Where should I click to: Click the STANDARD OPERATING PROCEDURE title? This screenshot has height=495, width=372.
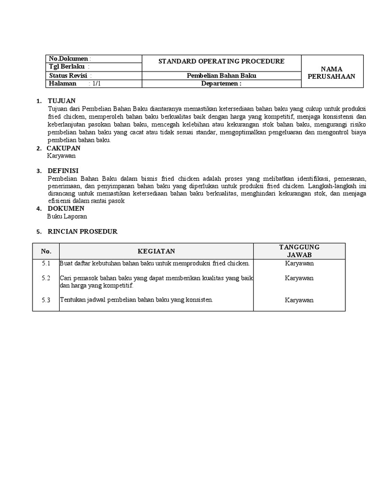[221, 61]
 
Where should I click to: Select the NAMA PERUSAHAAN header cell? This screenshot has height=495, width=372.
[332, 73]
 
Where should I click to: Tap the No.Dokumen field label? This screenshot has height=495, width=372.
[69, 59]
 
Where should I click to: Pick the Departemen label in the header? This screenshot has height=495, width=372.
[221, 84]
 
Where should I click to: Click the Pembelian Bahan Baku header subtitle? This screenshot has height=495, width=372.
[221, 75]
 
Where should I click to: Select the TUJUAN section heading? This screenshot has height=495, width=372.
[62, 101]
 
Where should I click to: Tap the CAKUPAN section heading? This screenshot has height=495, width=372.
[63, 148]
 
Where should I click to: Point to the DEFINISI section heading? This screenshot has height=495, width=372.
[63, 171]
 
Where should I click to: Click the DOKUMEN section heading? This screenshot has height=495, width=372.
[65, 208]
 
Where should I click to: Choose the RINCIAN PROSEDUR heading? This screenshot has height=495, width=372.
[82, 232]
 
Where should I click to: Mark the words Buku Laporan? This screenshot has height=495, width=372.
[67, 217]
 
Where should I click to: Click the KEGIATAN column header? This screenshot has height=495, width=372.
[156, 251]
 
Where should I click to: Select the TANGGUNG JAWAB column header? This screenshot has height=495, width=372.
[299, 251]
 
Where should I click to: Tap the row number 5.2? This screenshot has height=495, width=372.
[46, 278]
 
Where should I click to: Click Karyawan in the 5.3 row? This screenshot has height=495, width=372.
[299, 300]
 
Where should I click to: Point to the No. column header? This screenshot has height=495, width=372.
[46, 251]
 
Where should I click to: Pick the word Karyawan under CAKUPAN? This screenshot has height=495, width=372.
[61, 156]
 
